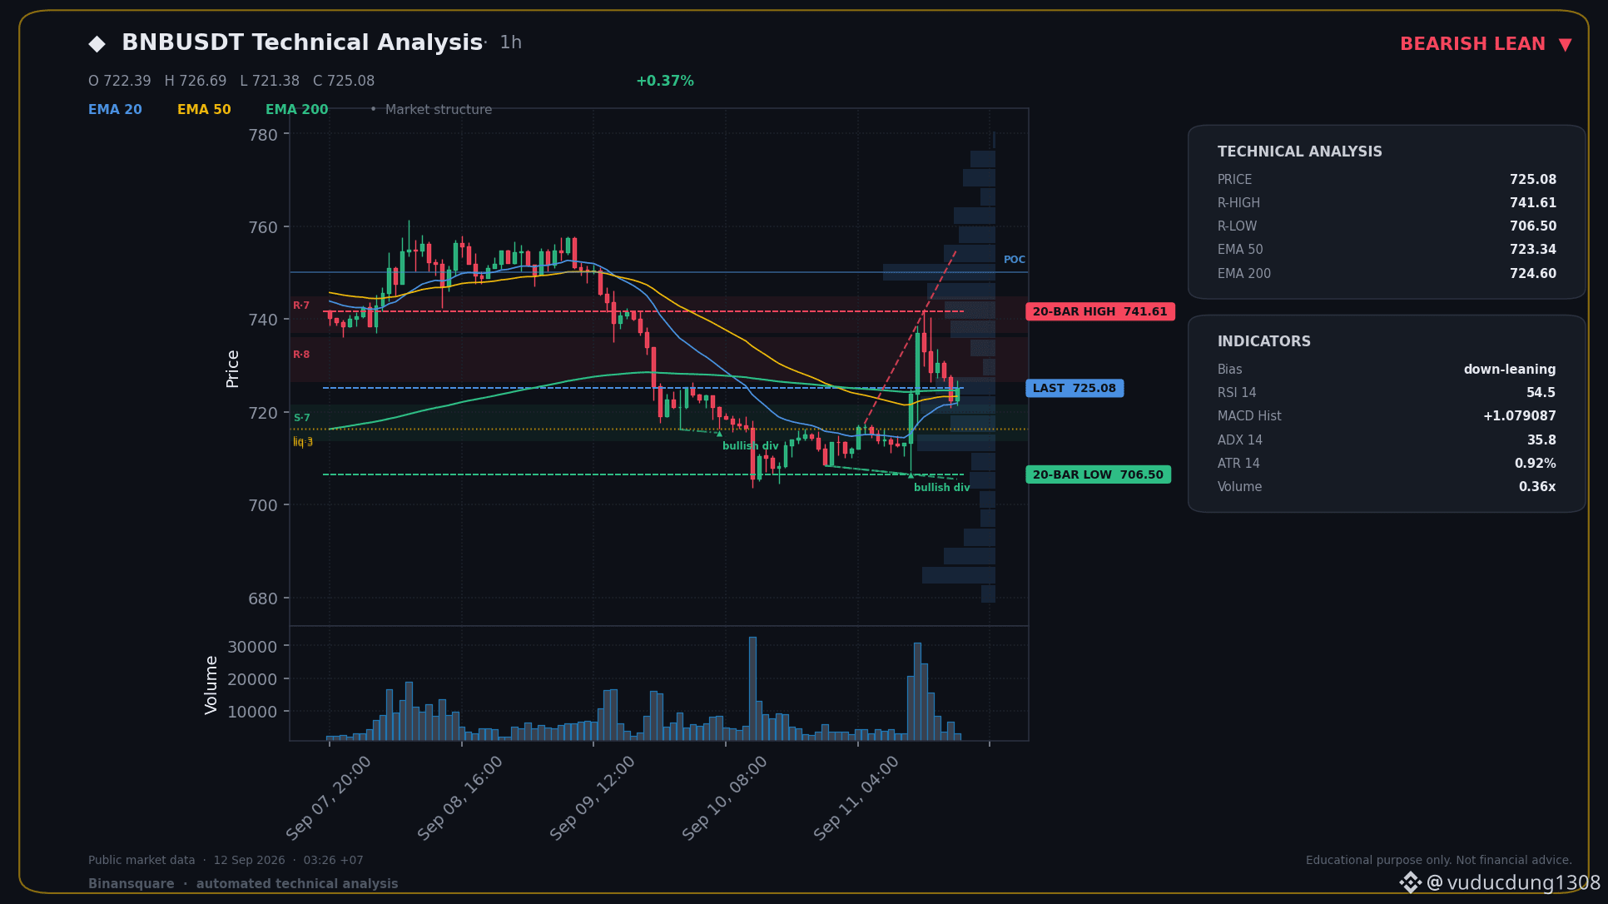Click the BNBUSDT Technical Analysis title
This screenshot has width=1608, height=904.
302,42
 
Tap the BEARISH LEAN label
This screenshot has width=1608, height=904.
1472,44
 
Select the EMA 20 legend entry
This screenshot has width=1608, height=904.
115,109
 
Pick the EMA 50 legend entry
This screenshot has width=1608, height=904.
204,109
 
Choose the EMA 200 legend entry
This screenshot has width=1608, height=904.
296,109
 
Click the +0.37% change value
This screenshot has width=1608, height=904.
664,81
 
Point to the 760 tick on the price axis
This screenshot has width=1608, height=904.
263,227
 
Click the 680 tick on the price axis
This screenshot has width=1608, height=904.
263,599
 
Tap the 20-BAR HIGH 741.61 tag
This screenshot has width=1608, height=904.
1100,311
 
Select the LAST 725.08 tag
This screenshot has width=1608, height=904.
1074,388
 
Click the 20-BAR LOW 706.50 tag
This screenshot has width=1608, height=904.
1099,474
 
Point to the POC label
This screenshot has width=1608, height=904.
1015,260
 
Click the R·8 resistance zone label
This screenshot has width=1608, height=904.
301,355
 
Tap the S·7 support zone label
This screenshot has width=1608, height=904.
301,418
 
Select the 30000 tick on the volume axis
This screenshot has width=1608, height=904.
252,647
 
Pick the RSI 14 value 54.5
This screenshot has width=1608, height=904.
1541,393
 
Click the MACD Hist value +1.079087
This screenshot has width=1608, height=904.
1520,416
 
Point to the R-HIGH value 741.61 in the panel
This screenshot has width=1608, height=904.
1533,203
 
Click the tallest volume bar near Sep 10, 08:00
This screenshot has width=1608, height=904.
752,688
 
